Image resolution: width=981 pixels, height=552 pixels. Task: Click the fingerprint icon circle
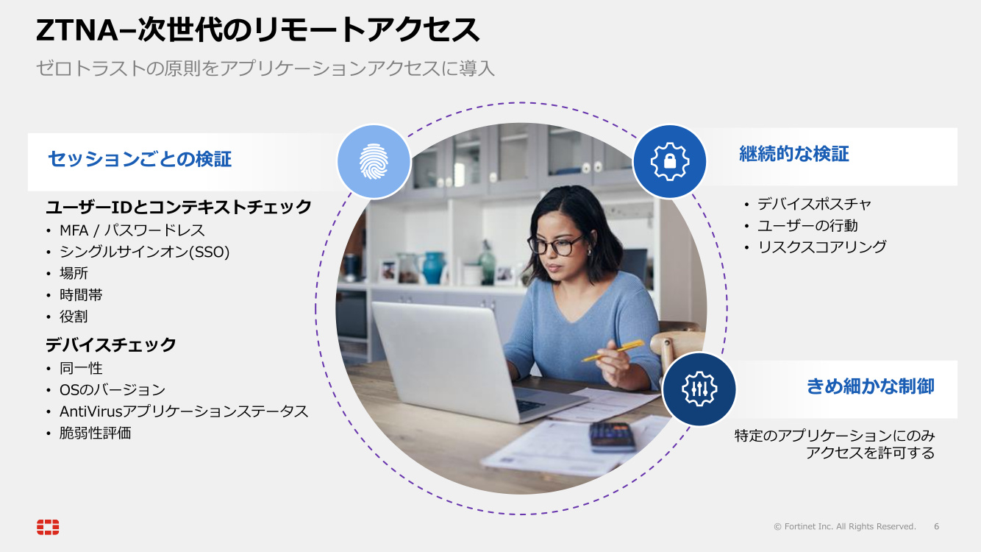[x=374, y=161]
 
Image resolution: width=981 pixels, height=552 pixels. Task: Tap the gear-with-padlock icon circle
[x=670, y=161]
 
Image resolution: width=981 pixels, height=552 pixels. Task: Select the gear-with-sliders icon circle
[x=699, y=389]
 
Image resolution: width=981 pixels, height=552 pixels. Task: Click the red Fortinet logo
[x=48, y=526]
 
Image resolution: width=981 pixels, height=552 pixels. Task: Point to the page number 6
[x=936, y=526]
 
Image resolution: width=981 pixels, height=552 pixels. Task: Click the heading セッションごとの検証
[x=140, y=159]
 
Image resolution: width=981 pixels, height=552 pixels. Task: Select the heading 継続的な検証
[x=794, y=154]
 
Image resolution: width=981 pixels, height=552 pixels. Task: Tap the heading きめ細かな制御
[x=870, y=386]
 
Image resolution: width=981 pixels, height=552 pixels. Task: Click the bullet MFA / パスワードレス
[x=132, y=230]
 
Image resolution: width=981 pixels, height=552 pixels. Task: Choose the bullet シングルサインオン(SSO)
[x=145, y=252]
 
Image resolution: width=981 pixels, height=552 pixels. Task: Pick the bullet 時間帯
[x=81, y=294]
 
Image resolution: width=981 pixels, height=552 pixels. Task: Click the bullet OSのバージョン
[x=112, y=389]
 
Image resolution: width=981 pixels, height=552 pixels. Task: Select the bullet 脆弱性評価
[x=95, y=433]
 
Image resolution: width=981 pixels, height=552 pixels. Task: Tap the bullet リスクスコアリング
[x=822, y=247]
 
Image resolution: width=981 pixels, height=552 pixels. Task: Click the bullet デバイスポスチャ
[x=814, y=204]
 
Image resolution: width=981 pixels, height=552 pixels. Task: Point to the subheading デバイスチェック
[x=111, y=344]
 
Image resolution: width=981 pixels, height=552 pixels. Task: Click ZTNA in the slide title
[x=77, y=30]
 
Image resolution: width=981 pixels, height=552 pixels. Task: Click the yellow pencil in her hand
[x=613, y=350]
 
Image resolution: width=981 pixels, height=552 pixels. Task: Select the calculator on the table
[x=612, y=436]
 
